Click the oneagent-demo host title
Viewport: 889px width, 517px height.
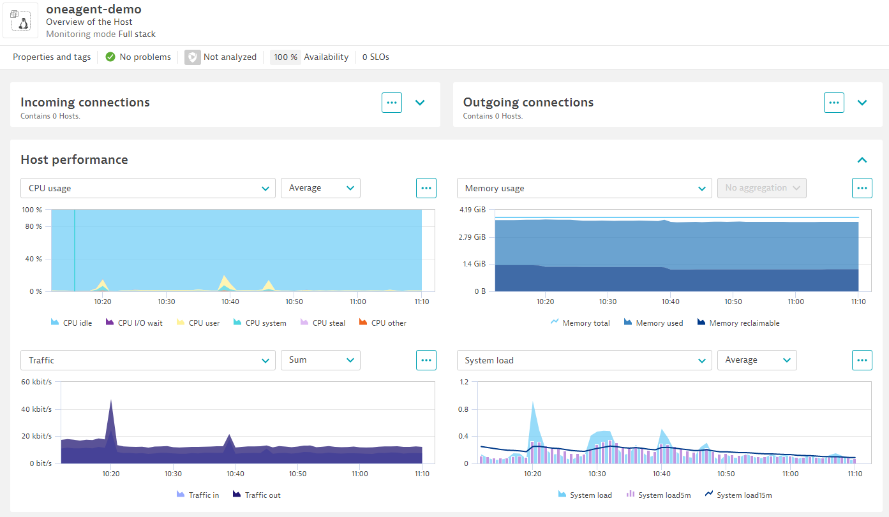click(x=94, y=9)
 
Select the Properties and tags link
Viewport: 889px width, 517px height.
click(x=52, y=57)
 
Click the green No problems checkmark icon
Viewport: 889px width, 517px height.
click(x=110, y=57)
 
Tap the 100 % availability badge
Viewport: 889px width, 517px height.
click(x=285, y=57)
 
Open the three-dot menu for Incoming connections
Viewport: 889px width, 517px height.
click(x=392, y=103)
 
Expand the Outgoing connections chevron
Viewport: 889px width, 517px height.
click(x=862, y=103)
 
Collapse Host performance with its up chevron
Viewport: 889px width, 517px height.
click(x=862, y=160)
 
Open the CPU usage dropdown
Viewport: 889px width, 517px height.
click(x=148, y=188)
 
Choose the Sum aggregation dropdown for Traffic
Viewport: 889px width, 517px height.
click(x=320, y=360)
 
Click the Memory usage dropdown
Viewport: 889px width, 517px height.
click(x=584, y=188)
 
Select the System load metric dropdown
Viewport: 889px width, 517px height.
click(x=584, y=360)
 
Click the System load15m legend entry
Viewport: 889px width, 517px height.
click(x=738, y=495)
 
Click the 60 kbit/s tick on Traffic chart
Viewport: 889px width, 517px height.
click(x=36, y=382)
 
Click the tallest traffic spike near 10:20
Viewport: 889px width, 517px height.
click(x=111, y=402)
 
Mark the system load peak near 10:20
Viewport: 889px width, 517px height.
click(x=532, y=404)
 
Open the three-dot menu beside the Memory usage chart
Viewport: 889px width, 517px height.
click(x=862, y=188)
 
